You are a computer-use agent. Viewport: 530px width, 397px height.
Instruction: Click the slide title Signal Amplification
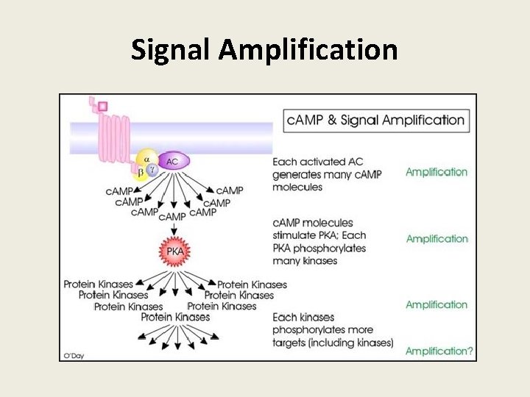click(x=264, y=49)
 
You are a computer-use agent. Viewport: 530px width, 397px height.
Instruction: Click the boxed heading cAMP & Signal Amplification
click(x=375, y=121)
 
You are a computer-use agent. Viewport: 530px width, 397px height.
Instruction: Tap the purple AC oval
click(x=172, y=161)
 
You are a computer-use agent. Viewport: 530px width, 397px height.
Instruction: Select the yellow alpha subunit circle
click(x=146, y=159)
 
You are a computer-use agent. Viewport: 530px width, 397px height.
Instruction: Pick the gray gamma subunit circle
click(x=152, y=169)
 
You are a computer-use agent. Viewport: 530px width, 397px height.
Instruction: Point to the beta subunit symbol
click(x=140, y=174)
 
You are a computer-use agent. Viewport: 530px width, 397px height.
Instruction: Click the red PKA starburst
click(x=174, y=251)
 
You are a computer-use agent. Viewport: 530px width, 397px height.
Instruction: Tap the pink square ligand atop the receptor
click(x=102, y=106)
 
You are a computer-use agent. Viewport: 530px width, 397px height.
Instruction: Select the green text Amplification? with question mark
click(x=439, y=351)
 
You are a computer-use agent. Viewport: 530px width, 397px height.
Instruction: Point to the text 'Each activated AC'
click(x=317, y=162)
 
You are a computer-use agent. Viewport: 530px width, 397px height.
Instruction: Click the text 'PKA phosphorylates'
click(x=319, y=248)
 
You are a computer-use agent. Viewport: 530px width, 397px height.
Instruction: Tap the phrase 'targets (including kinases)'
click(x=333, y=343)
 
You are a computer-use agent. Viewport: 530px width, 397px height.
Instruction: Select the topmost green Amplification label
click(x=437, y=172)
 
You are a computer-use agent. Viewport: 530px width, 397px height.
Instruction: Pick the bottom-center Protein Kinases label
click(x=175, y=317)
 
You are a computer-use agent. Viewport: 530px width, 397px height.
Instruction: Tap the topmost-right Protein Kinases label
click(x=252, y=285)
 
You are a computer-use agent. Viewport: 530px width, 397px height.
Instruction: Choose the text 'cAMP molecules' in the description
click(x=313, y=223)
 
